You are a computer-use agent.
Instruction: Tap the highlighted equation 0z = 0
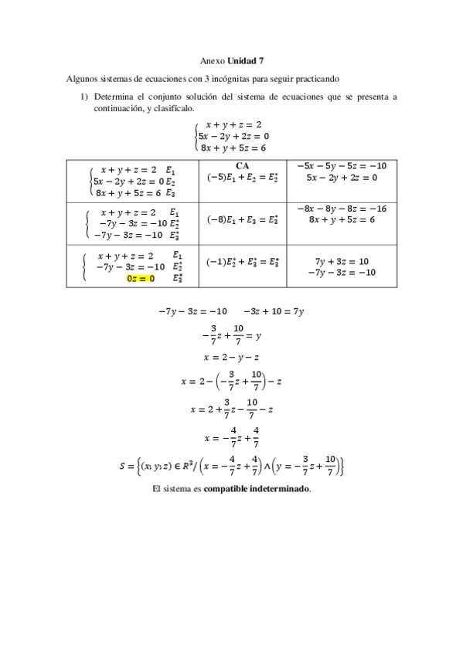click(141, 279)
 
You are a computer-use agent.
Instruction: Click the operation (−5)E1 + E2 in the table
click(241, 177)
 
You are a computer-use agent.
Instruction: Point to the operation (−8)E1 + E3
click(241, 219)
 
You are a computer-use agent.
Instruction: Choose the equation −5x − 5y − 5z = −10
click(341, 165)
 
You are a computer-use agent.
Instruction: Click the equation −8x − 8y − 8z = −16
click(341, 208)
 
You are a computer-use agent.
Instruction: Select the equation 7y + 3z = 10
click(341, 261)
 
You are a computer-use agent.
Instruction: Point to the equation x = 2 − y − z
click(231, 357)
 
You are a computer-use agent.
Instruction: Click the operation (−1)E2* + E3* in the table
click(243, 261)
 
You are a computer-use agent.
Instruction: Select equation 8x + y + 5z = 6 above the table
click(233, 147)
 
